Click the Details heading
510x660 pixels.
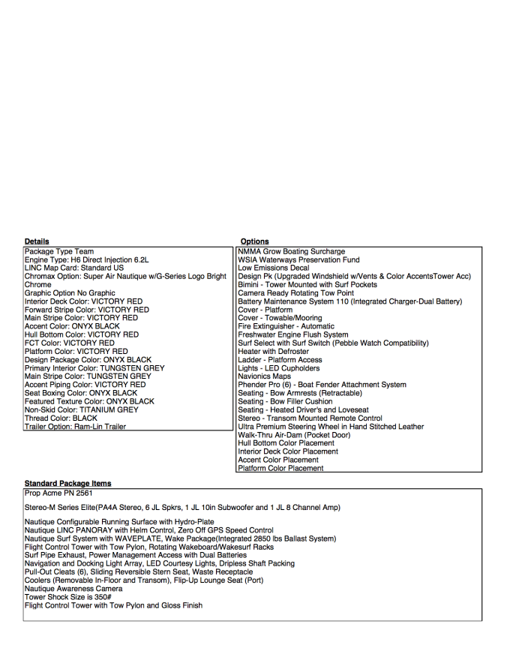pyautogui.click(x=37, y=241)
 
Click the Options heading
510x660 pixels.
pyautogui.click(x=255, y=241)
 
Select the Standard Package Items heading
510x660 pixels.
pyautogui.click(x=67, y=484)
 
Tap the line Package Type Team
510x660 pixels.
pyautogui.click(x=59, y=252)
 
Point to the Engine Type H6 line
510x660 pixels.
pyautogui.click(x=87, y=260)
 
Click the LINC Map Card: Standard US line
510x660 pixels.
pyautogui.click(x=74, y=268)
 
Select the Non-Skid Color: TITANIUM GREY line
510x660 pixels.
pyautogui.click(x=82, y=410)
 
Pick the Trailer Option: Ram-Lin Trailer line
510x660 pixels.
pyautogui.click(x=75, y=427)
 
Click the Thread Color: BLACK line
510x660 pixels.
pyautogui.click(x=61, y=418)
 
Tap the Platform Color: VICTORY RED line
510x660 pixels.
pyautogui.click(x=76, y=352)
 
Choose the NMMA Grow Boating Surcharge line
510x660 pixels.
pyautogui.click(x=292, y=252)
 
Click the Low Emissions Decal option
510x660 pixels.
pyautogui.click(x=273, y=268)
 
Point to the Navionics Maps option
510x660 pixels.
pyautogui.click(x=265, y=376)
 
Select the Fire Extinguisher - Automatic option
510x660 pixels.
pyautogui.click(x=286, y=327)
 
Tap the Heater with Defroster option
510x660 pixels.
pyautogui.click(x=273, y=352)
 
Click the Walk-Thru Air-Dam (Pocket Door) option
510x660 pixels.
pyautogui.click(x=293, y=435)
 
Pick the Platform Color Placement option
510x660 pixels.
pyautogui.click(x=280, y=469)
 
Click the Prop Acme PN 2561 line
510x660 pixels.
pyautogui.click(x=58, y=493)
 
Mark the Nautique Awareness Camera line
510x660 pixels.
pyautogui.click(x=73, y=589)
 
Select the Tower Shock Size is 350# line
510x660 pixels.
pyautogui.click(x=70, y=597)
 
